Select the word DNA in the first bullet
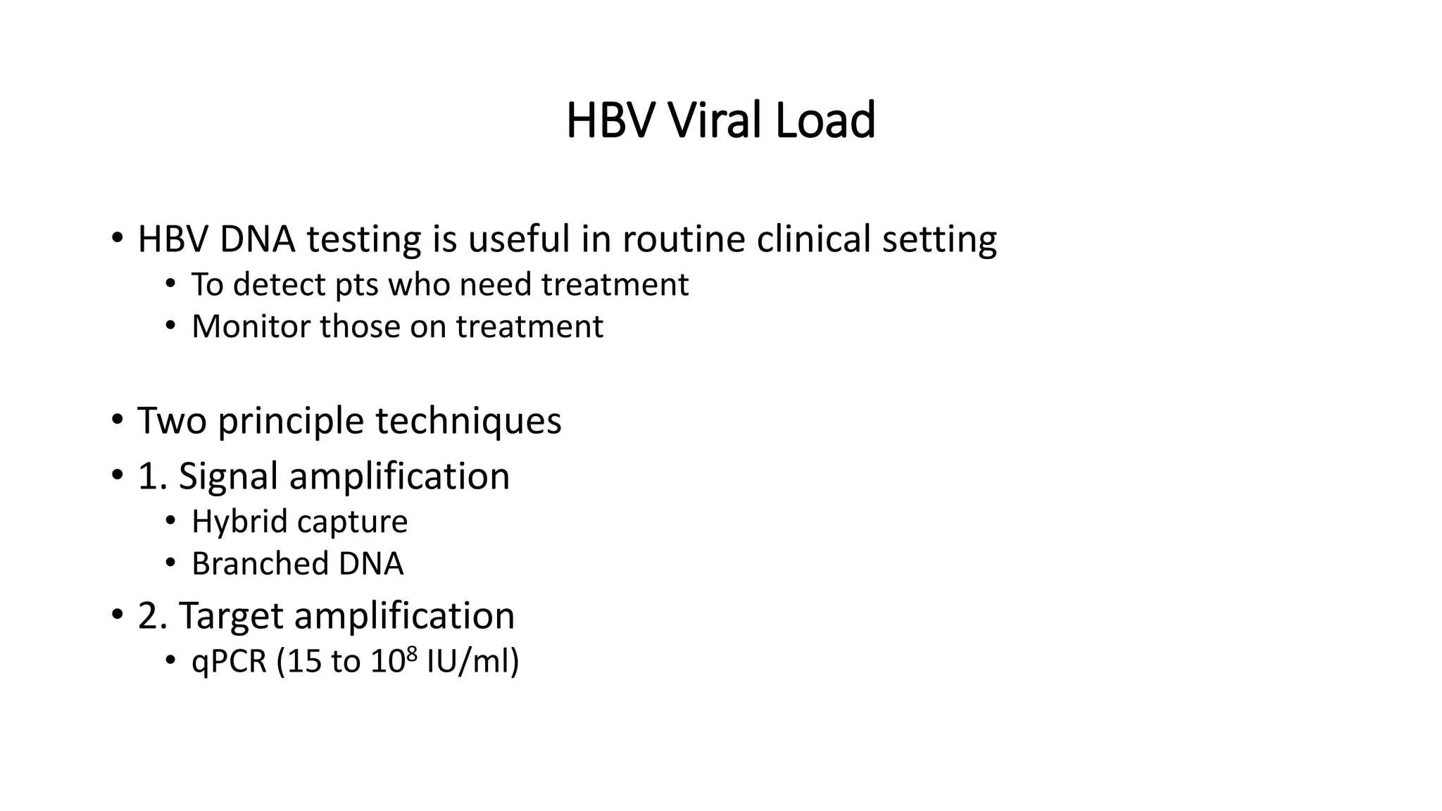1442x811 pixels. (257, 239)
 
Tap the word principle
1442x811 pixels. (291, 422)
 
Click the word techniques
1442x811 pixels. (468, 421)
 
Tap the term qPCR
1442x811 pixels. (230, 662)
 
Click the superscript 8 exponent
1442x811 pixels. (413, 654)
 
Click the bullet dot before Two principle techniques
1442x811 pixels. (116, 420)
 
